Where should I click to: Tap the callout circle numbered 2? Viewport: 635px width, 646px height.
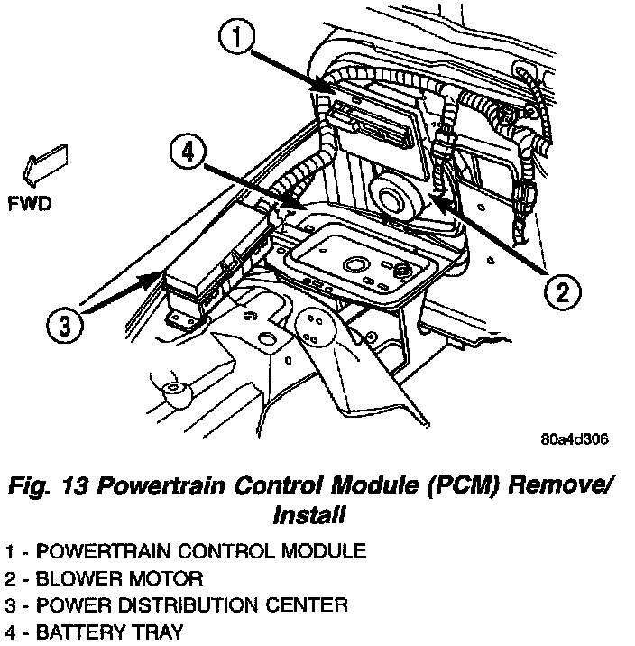tap(561, 291)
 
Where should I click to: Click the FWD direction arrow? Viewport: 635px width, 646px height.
tap(41, 165)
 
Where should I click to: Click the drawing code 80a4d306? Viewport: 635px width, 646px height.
tap(574, 439)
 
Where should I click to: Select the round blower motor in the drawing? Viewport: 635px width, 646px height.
tap(395, 194)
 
